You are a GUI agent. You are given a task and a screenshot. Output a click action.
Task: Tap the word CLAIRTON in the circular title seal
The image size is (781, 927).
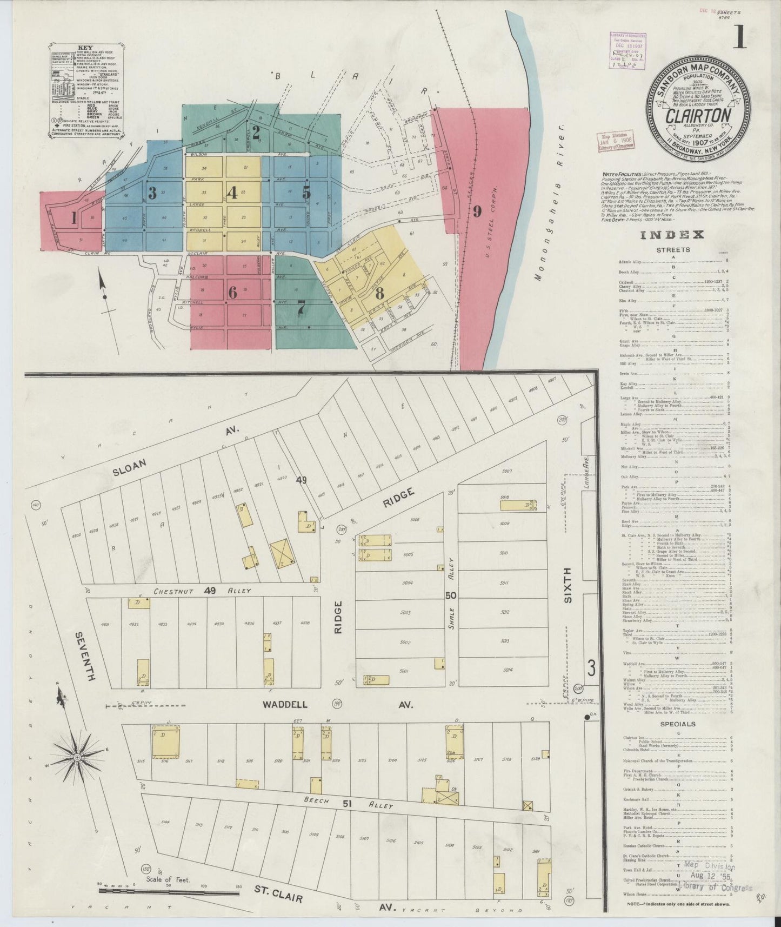(x=698, y=115)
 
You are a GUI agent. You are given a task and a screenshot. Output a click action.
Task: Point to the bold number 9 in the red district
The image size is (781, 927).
(x=477, y=212)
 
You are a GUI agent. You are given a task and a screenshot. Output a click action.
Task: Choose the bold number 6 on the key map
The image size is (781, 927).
(x=232, y=293)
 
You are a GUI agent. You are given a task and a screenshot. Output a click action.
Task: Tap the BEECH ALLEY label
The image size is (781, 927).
(x=348, y=804)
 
